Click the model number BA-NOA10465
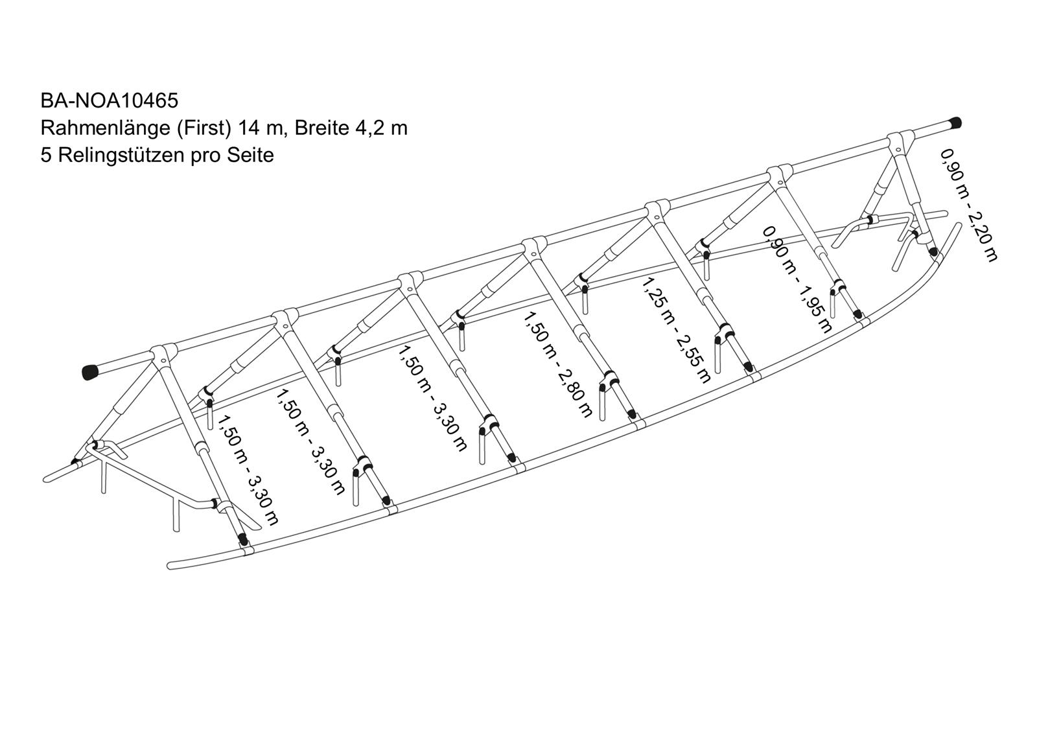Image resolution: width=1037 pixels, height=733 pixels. pos(110,101)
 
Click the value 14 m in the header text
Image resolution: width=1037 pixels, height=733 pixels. pos(260,128)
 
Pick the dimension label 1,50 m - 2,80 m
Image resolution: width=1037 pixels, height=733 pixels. pos(558,365)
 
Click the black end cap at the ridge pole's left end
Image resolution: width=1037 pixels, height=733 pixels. pos(91,371)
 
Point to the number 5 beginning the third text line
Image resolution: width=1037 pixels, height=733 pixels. pos(46,156)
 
